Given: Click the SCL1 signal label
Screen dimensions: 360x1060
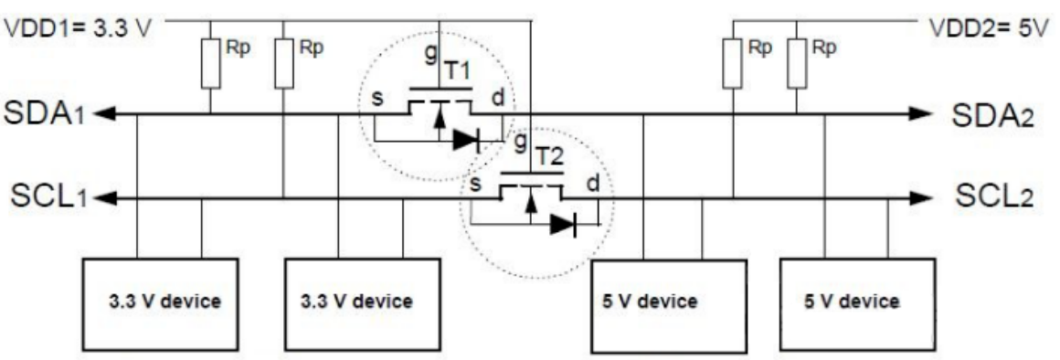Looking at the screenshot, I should pyautogui.click(x=43, y=197).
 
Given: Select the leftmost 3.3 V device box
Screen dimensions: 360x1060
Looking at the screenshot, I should pyautogui.click(x=161, y=300).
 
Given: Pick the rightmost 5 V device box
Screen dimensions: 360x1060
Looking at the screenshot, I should pyautogui.click(x=857, y=300).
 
